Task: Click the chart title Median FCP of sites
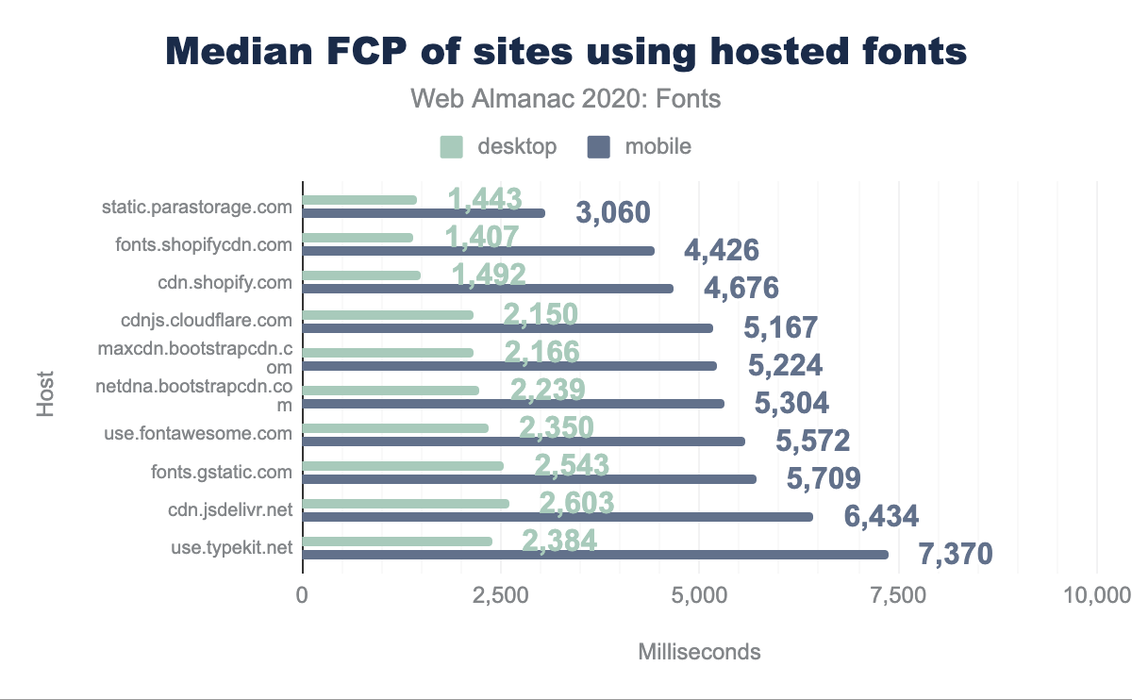click(566, 52)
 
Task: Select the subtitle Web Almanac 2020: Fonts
click(566, 98)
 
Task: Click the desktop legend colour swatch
click(452, 146)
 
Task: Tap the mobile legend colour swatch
click(599, 146)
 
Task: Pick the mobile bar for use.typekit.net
click(595, 555)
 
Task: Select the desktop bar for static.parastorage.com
click(359, 200)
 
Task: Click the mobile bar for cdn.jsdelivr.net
click(558, 517)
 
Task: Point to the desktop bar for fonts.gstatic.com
click(403, 466)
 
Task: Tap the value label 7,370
click(957, 554)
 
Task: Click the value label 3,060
click(613, 212)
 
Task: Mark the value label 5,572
click(813, 441)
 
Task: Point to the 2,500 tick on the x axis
click(501, 595)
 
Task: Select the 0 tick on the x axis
click(303, 595)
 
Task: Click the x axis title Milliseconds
click(699, 652)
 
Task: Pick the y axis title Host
click(45, 395)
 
